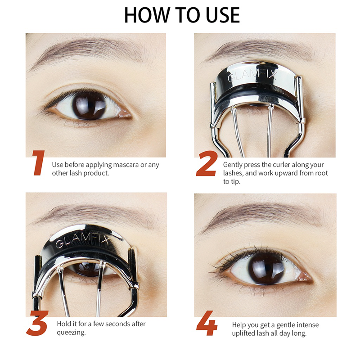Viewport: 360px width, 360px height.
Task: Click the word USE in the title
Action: [222, 15]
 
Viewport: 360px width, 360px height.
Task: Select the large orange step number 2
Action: [207, 163]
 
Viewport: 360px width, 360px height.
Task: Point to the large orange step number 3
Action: [37, 323]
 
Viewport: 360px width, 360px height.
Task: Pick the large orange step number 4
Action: [207, 323]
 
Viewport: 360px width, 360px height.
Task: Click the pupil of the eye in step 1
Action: [89, 106]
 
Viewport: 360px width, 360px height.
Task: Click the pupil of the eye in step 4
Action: [266, 269]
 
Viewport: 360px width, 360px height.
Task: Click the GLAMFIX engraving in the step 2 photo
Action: [252, 76]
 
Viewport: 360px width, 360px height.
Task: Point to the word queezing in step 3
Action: [71, 333]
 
